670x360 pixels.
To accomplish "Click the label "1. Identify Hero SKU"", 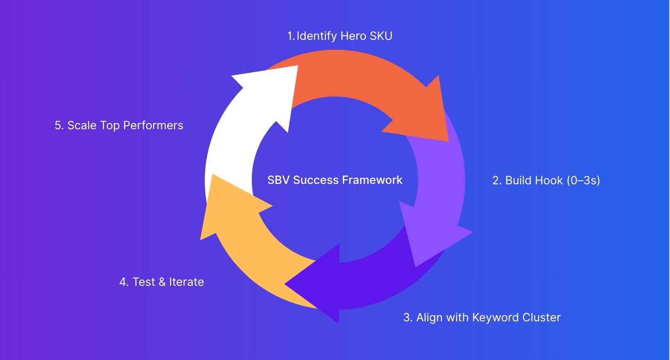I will click(x=340, y=36).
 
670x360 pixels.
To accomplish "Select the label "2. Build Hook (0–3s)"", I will click(x=546, y=180).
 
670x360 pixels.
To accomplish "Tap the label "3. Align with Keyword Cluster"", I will click(x=482, y=317).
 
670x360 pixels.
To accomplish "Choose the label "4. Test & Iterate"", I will click(x=162, y=282).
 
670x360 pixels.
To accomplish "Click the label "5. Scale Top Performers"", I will click(x=119, y=125).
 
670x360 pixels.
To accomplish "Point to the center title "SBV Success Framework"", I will click(x=335, y=180).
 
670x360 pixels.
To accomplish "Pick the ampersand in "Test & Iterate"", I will click(x=162, y=282).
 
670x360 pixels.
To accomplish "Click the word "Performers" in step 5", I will click(x=153, y=125).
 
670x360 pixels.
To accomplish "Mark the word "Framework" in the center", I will click(x=372, y=180).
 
